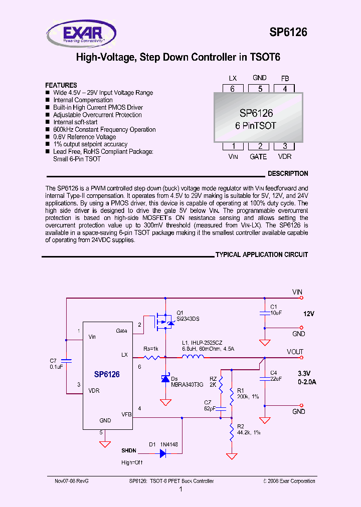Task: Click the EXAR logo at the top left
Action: tap(81, 34)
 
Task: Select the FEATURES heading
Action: tap(61, 85)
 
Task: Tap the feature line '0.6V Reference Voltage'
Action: tap(84, 137)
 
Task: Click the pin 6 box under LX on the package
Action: tap(232, 89)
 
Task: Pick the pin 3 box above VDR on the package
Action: tap(285, 146)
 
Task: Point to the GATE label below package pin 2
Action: tap(258, 156)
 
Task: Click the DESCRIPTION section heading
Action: tap(288, 174)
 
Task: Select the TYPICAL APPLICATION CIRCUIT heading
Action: tap(261, 255)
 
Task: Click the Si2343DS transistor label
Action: tap(189, 319)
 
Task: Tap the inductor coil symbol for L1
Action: tap(193, 357)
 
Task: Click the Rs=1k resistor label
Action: tap(151, 348)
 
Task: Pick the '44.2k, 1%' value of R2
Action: tap(249, 432)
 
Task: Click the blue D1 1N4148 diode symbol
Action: tap(163, 453)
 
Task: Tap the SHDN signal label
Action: tap(128, 451)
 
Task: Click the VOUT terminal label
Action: tap(295, 352)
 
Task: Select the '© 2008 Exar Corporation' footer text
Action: tap(289, 481)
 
